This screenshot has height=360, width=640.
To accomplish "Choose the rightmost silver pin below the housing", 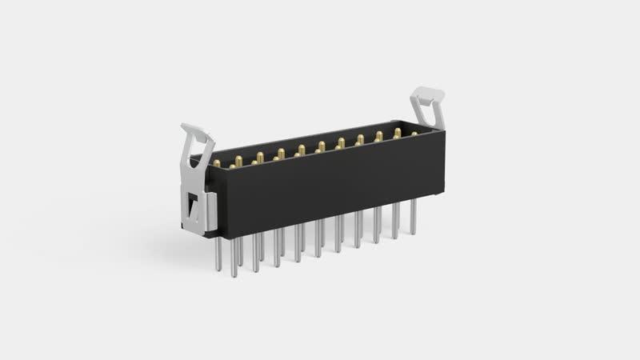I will (414, 216).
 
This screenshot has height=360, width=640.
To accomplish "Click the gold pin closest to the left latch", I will (217, 163).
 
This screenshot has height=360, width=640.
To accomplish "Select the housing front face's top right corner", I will (445, 130).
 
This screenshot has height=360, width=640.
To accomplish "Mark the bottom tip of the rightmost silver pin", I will (414, 234).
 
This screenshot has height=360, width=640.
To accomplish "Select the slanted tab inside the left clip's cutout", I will (192, 211).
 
